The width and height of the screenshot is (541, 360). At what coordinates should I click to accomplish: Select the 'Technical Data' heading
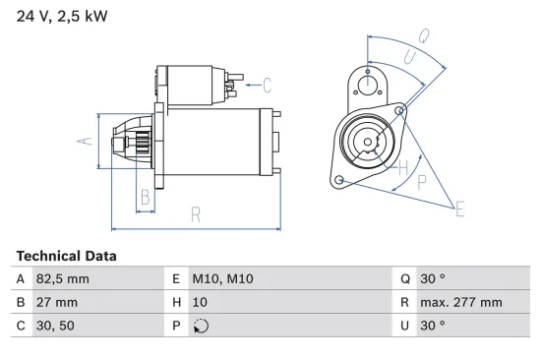66,256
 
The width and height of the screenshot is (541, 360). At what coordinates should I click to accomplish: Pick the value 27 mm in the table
57,302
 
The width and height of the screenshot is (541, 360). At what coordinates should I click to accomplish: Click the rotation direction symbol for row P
203,326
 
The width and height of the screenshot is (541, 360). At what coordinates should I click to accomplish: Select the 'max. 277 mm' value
461,302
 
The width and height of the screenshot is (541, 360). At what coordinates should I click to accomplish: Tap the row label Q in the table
405,278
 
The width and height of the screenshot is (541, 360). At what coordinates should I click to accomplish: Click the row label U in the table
405,326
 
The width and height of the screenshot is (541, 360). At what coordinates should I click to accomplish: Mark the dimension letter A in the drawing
84,141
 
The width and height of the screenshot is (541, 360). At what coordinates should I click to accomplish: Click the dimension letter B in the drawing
145,197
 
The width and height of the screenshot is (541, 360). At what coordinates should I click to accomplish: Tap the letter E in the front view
458,207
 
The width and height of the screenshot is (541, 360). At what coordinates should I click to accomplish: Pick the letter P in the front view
421,181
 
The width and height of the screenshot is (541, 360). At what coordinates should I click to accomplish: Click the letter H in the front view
402,166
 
